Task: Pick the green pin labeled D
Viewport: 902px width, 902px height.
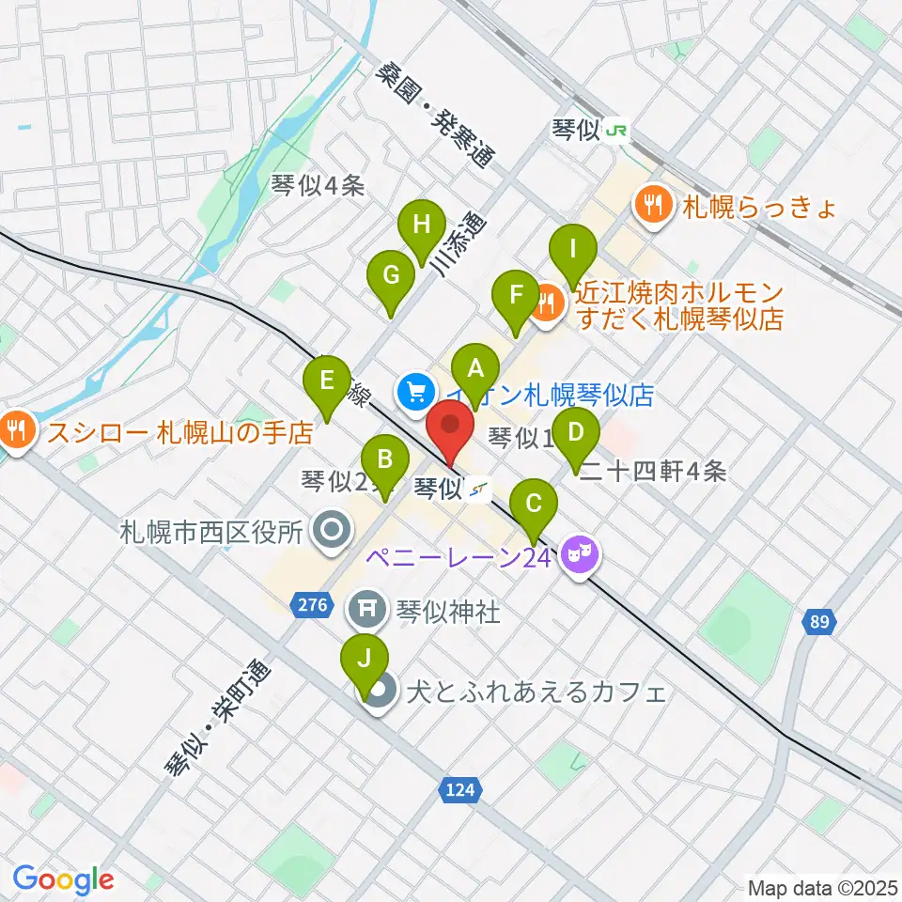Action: point(576,434)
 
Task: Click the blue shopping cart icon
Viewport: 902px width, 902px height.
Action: point(414,392)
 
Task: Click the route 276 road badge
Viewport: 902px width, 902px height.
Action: point(314,606)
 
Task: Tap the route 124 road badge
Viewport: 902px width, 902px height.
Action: point(461,791)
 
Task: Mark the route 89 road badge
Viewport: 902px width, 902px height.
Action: point(818,621)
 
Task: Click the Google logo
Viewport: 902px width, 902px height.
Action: point(63,879)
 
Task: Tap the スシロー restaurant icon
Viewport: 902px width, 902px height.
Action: point(16,431)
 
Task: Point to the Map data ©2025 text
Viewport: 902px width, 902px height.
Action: point(822,886)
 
